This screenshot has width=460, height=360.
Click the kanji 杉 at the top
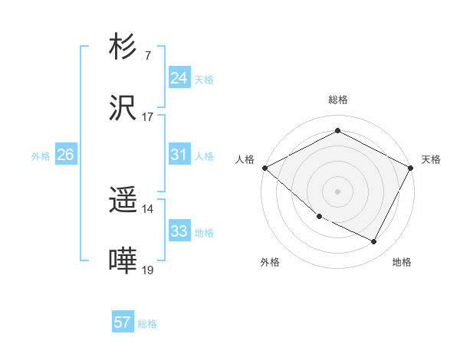(123, 47)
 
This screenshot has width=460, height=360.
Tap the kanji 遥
(123, 201)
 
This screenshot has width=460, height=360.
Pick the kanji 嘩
(123, 261)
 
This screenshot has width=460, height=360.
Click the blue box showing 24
(179, 78)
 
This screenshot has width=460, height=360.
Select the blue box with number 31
(179, 155)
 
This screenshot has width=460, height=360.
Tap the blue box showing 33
(179, 231)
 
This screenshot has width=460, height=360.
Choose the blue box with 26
(65, 155)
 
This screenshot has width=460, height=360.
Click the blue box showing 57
(123, 322)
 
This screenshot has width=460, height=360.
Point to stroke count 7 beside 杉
(147, 56)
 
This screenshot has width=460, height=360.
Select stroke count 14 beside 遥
(147, 209)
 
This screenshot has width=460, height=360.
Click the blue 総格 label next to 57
(147, 324)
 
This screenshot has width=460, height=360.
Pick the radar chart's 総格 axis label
(338, 100)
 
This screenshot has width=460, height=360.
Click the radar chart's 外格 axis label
(270, 262)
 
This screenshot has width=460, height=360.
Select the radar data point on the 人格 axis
(264, 168)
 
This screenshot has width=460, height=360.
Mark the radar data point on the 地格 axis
(374, 242)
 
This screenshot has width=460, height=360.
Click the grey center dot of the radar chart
(338, 191)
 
